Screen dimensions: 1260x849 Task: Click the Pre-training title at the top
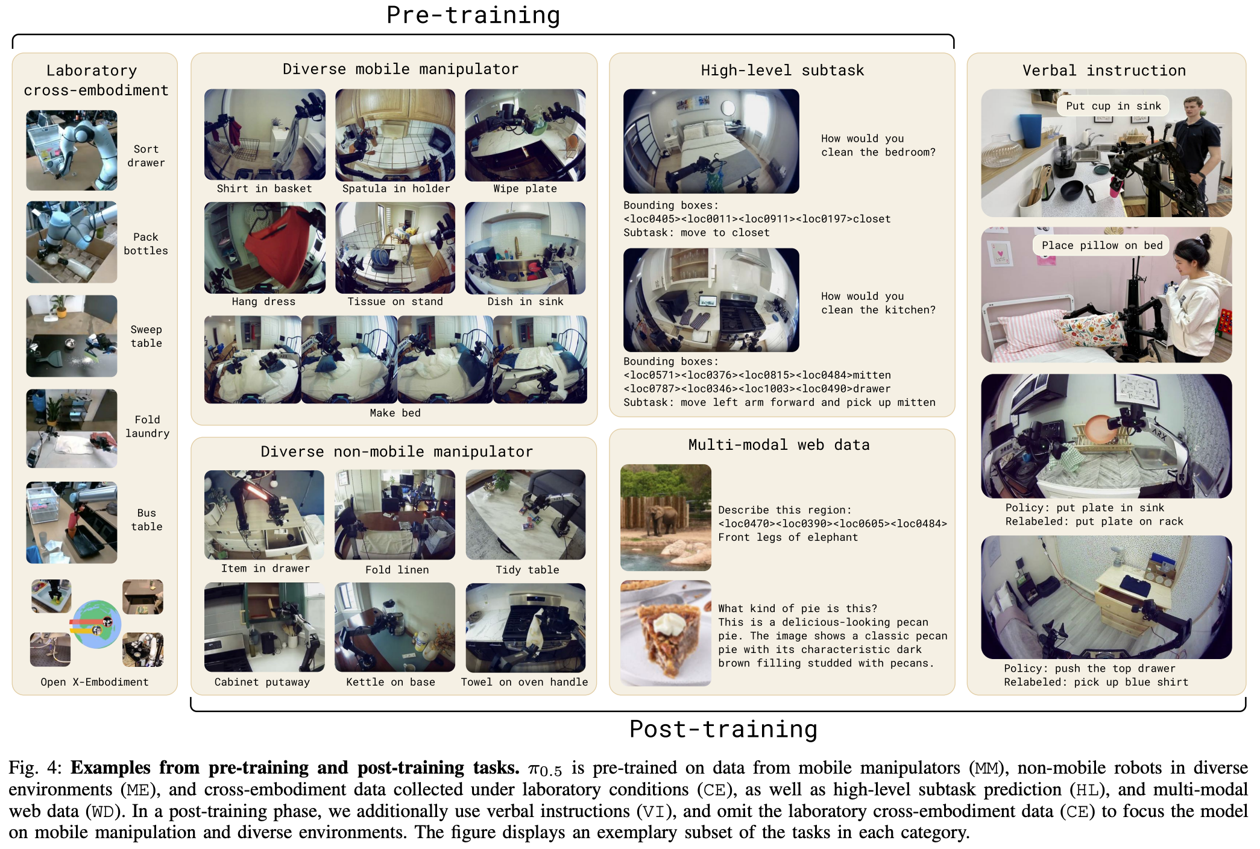[x=473, y=15]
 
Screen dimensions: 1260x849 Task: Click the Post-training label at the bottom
[x=723, y=730]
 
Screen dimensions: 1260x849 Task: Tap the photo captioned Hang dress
[x=265, y=248]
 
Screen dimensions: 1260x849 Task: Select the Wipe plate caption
[x=525, y=189]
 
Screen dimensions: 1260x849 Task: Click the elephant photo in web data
[x=666, y=517]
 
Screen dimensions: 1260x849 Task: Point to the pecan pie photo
[x=666, y=633]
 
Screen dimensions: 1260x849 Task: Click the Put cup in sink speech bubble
[x=1113, y=106]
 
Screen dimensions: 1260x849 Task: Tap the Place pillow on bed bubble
[x=1102, y=245]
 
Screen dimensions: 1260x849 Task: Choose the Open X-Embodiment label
[x=95, y=682]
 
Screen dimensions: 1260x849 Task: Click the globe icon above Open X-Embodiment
[x=96, y=624]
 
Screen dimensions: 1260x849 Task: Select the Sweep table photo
[x=72, y=336]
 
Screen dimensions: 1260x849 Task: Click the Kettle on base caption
[x=391, y=682]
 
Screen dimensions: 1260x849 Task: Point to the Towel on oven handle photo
[x=526, y=627]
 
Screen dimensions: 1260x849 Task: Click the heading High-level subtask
[x=783, y=71]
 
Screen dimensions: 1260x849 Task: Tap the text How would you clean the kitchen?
[x=878, y=303]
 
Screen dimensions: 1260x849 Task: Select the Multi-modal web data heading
[x=779, y=445]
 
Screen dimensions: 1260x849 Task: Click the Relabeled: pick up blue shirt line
[x=1096, y=682]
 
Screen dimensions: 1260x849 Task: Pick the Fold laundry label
[x=147, y=426]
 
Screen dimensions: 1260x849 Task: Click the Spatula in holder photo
[x=395, y=135]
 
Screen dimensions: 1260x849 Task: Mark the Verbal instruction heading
[x=1104, y=71]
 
